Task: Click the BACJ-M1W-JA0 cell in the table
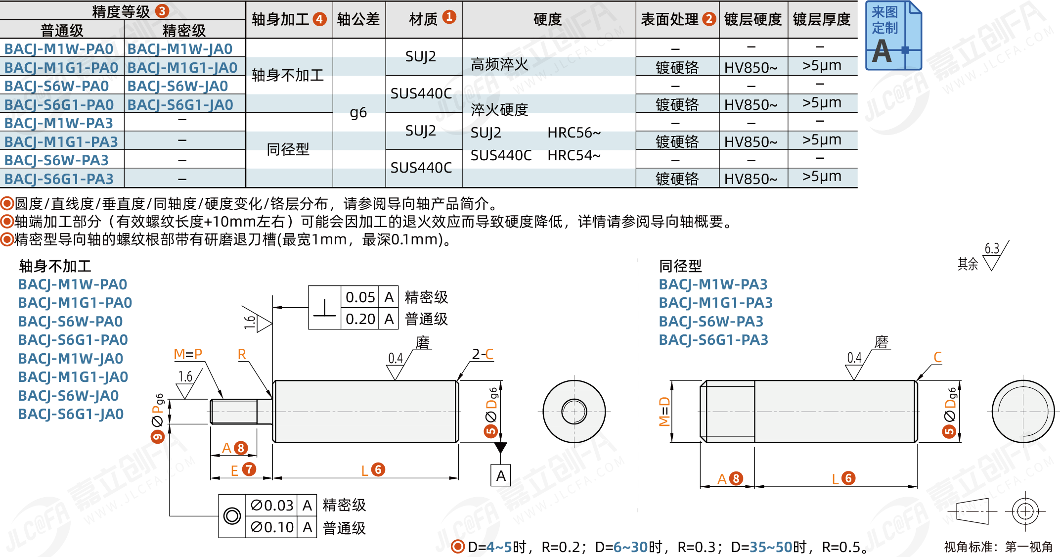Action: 180,49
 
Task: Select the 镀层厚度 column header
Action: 821,19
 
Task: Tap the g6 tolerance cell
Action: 358,113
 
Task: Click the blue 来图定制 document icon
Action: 893,36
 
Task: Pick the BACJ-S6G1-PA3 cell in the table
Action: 59,179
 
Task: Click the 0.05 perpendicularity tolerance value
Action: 360,297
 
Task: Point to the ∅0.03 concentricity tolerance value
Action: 271,505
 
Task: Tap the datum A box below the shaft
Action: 501,476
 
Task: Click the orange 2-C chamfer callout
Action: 483,354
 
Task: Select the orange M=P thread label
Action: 188,354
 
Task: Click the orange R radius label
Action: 242,354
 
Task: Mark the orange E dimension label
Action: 234,470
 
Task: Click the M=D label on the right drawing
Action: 664,412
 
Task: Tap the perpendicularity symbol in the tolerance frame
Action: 324,308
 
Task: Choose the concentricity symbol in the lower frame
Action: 232,516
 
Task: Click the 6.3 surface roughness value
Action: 992,248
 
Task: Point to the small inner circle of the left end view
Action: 574,411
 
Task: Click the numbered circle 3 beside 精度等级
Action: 162,11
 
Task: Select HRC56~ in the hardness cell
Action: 574,133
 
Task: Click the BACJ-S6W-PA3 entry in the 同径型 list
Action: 711,322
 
